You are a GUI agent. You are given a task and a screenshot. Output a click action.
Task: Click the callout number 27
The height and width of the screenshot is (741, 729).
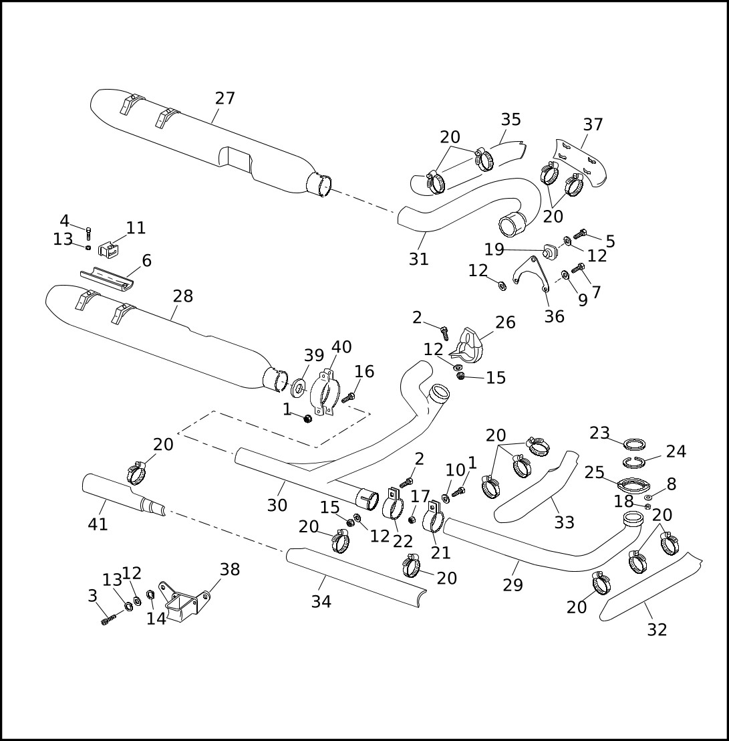[225, 98]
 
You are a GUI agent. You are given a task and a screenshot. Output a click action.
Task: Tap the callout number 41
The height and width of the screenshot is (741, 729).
[98, 525]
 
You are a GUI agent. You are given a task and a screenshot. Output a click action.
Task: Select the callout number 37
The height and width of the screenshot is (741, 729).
[593, 124]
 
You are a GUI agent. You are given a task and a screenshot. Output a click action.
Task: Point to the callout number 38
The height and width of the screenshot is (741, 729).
[230, 569]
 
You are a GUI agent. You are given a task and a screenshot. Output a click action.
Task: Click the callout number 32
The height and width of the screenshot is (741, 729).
[657, 629]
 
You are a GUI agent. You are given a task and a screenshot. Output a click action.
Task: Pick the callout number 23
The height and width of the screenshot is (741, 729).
[600, 433]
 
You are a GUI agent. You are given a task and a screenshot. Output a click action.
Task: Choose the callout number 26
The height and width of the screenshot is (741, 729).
[505, 322]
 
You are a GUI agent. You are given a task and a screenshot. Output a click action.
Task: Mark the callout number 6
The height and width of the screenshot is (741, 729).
[146, 261]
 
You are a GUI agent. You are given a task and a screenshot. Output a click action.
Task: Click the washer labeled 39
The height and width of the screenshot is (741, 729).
[299, 387]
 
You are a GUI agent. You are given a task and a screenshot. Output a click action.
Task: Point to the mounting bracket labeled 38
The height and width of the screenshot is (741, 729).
[181, 601]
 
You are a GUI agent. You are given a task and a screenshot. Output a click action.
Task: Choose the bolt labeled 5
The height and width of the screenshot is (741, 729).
[579, 234]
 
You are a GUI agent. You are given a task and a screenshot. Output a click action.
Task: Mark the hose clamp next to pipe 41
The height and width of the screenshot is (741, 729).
[136, 473]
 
